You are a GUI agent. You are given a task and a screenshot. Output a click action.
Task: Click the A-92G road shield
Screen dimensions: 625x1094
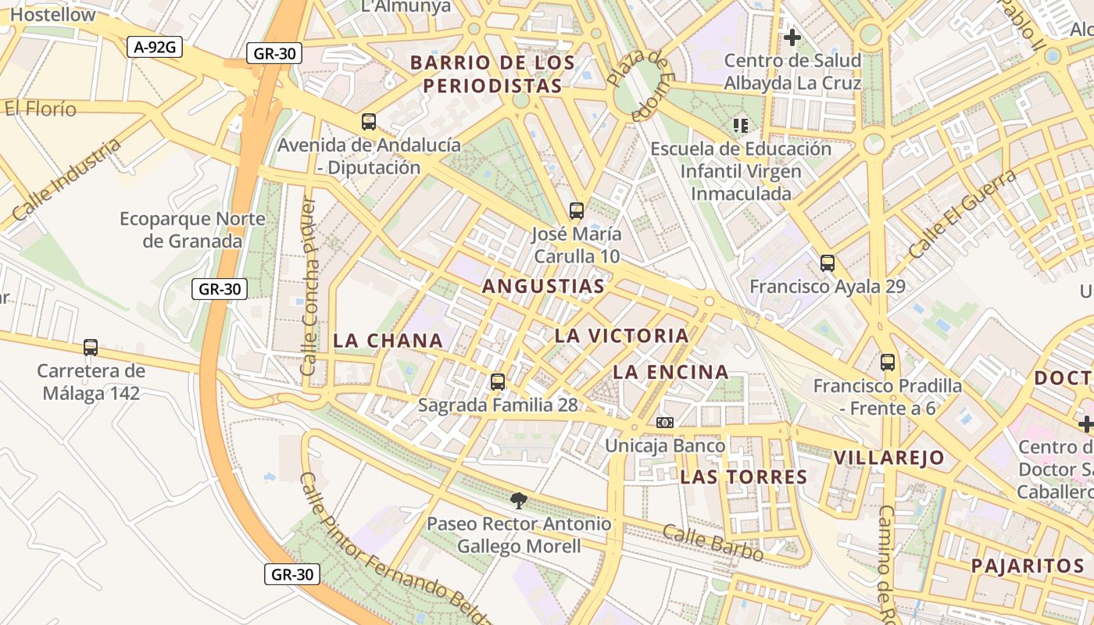(x=155, y=47)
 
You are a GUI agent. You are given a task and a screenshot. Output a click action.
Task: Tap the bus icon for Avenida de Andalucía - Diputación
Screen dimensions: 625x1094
(x=369, y=122)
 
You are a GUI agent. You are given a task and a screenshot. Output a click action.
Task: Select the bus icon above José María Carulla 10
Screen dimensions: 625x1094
(x=577, y=210)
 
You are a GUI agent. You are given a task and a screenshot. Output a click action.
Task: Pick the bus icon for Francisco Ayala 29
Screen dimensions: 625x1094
(x=828, y=263)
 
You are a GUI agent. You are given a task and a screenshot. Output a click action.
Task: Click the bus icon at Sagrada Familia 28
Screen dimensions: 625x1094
(x=498, y=382)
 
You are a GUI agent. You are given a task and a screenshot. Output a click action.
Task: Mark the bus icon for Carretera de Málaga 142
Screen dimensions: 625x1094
(x=91, y=348)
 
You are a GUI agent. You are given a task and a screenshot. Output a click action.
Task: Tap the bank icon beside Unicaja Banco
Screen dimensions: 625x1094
(x=665, y=423)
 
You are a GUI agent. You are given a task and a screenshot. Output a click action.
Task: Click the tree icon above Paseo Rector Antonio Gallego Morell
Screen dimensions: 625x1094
(x=518, y=500)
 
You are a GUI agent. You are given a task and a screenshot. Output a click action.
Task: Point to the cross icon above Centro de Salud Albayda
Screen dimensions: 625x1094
(x=792, y=37)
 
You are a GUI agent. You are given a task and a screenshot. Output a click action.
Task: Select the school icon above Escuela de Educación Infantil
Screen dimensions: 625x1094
(x=741, y=125)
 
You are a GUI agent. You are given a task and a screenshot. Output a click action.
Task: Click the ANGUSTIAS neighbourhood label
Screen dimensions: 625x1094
(x=543, y=287)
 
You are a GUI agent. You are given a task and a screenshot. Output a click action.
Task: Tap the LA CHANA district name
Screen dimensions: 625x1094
(x=388, y=341)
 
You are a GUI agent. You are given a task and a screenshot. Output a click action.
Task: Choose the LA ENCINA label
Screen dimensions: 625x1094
(x=670, y=373)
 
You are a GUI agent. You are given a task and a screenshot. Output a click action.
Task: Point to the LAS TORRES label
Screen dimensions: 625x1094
(x=743, y=477)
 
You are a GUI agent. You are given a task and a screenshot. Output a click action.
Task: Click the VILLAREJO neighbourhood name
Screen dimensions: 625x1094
(x=888, y=458)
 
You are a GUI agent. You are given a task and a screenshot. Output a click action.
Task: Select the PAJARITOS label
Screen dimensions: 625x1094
(x=1028, y=566)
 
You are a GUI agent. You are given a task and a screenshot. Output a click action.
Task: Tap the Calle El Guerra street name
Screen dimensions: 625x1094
(x=962, y=213)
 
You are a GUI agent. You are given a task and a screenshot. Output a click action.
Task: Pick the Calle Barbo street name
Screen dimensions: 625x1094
(x=713, y=543)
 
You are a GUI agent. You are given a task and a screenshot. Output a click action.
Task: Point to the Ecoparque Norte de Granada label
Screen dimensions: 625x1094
(x=192, y=230)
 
